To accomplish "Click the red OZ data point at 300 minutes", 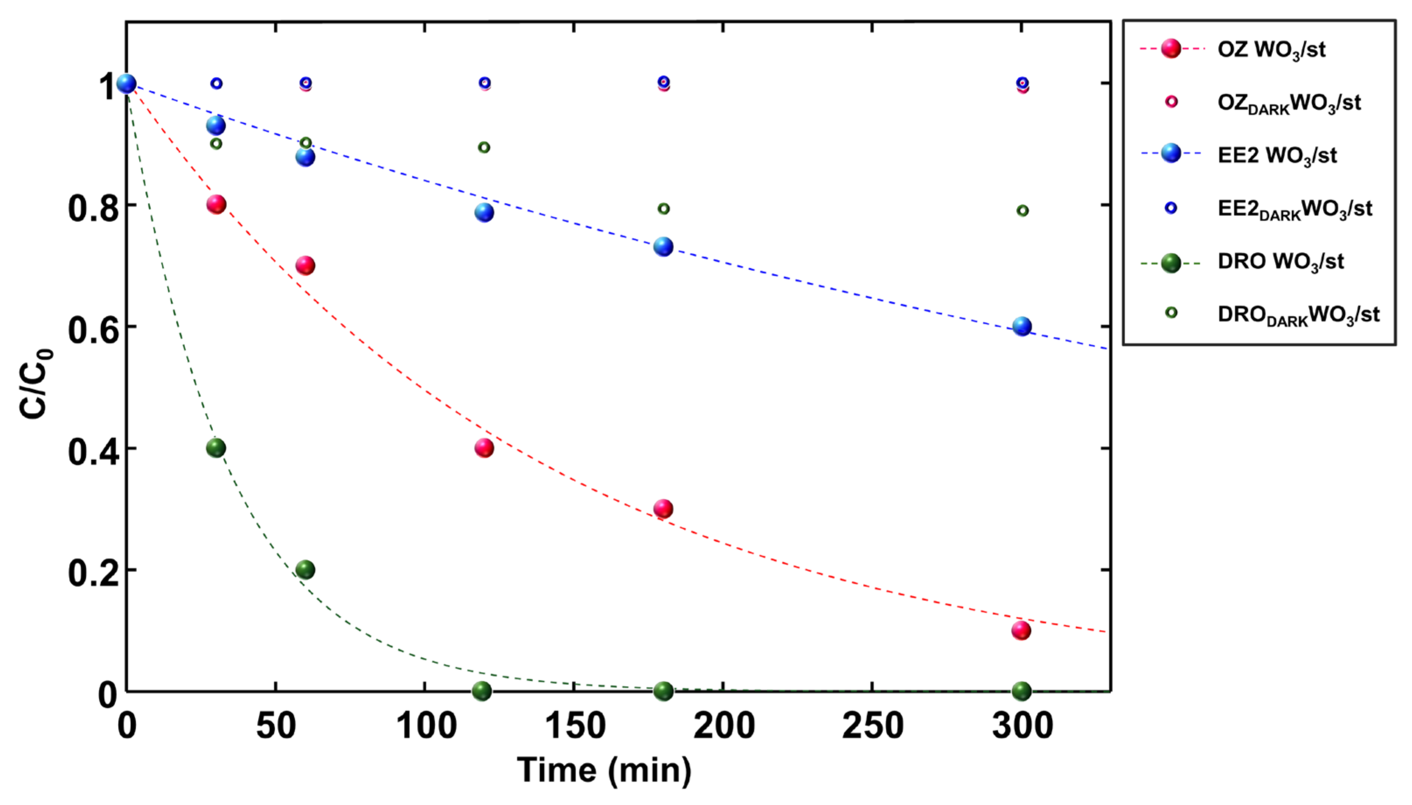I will tap(1021, 630).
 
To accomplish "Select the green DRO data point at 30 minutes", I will tap(216, 448).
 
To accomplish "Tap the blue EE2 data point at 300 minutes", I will tap(1022, 326).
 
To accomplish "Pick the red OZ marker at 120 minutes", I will tap(483, 448).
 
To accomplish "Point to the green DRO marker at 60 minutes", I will tap(305, 570).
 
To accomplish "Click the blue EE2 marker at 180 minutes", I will tap(663, 247).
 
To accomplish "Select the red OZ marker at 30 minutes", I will tap(216, 205).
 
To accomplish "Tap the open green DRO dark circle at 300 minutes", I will tap(1022, 210).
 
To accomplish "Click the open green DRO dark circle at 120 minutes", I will tap(483, 147).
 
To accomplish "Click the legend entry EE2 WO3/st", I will tap(1276, 155).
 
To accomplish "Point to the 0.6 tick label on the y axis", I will tap(93, 331).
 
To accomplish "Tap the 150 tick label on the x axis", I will tap(575, 725).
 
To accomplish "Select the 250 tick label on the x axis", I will tap(873, 725).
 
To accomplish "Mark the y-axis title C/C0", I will tap(35, 384).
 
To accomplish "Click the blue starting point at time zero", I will tap(126, 84).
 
